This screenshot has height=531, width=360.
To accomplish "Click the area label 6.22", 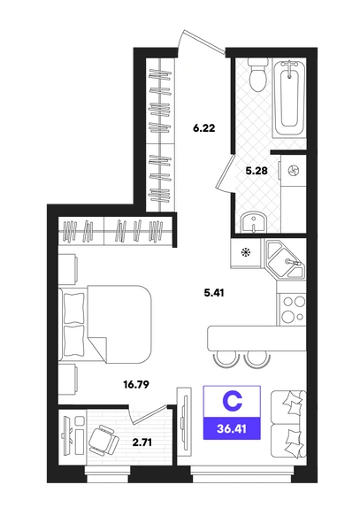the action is [203, 128].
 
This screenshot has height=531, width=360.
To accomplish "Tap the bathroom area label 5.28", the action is [257, 171].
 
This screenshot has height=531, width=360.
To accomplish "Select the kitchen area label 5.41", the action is [214, 292].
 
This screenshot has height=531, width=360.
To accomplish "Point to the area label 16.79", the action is [136, 385].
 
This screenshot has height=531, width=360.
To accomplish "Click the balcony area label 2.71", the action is [142, 442].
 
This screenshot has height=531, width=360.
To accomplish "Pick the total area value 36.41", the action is [232, 428].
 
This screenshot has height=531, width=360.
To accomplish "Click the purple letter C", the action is [232, 401].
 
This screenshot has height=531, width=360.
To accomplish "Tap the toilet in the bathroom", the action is [257, 75].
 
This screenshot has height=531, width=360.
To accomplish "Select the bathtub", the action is [289, 98].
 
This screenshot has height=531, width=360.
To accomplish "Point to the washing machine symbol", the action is [292, 171].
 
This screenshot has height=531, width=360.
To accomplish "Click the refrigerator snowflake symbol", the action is [246, 252].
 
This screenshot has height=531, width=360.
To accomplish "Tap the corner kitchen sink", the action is [287, 260].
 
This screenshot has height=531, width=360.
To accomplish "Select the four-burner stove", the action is [292, 309].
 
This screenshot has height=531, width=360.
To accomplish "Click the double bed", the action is [105, 324].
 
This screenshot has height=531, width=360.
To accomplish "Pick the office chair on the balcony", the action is [103, 440].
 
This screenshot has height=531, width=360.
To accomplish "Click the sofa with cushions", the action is [288, 424].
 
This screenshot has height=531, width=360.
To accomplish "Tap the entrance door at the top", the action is [202, 42].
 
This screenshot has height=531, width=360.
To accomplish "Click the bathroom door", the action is [226, 173].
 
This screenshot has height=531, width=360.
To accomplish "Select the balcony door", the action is [149, 414].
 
